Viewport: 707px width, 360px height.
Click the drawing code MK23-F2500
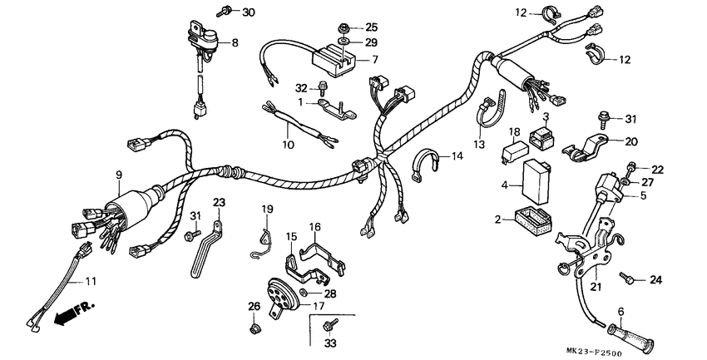pos(658,352)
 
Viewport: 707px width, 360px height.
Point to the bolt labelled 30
pos(225,12)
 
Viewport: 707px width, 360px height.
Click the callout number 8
pos(234,42)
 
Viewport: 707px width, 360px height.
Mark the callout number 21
pos(594,288)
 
